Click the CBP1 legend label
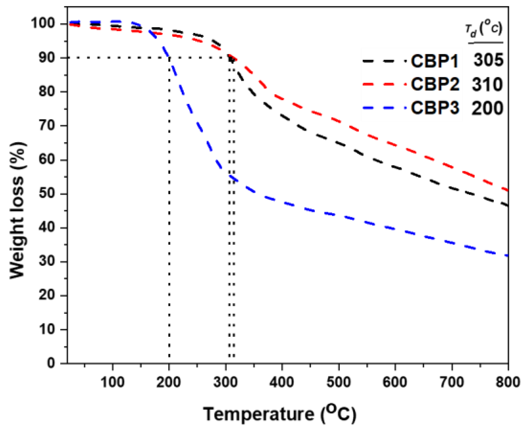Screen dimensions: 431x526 pyautogui.click(x=434, y=61)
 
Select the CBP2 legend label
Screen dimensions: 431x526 pyautogui.click(x=435, y=84)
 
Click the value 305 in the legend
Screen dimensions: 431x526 pyautogui.click(x=488, y=60)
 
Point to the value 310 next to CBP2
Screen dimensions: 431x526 pyautogui.click(x=487, y=84)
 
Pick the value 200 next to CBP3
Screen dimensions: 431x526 pyautogui.click(x=487, y=108)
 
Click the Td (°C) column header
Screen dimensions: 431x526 pyautogui.click(x=484, y=29)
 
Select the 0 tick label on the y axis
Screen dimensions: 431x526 pyautogui.click(x=51, y=363)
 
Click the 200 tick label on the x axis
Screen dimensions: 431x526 pyautogui.click(x=169, y=382)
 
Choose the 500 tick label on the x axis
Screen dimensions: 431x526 pyautogui.click(x=338, y=382)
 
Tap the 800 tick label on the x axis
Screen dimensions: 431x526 pyautogui.click(x=507, y=382)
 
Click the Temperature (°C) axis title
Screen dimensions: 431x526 pyautogui.click(x=279, y=414)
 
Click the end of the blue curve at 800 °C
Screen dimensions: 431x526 pyautogui.click(x=507, y=255)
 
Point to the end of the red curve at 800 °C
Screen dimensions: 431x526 pyautogui.click(x=507, y=190)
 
